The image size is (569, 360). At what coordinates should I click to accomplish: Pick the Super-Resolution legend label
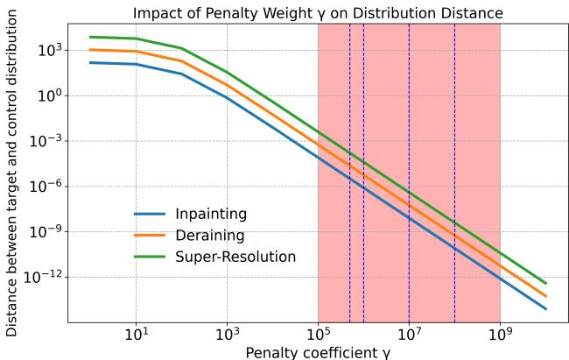pos(235,257)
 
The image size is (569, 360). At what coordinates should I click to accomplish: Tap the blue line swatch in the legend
pos(150,214)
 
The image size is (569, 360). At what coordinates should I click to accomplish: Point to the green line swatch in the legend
pos(150,257)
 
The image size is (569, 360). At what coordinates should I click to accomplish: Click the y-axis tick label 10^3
pos(46,50)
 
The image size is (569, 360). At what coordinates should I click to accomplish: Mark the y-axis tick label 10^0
pos(46,95)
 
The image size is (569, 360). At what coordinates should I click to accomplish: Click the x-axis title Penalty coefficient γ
pos(317,352)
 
